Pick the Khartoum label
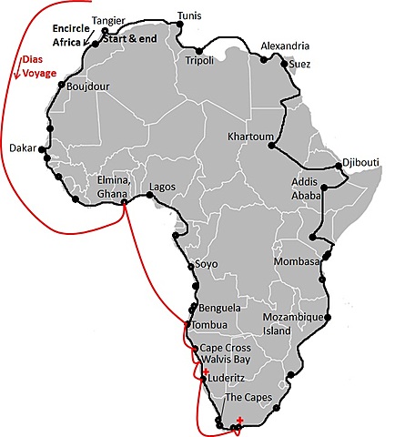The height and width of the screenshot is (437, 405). [x=251, y=138]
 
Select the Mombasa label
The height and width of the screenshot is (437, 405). [x=295, y=262]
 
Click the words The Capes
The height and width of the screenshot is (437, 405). [x=248, y=399]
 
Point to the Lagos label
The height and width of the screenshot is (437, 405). [x=160, y=186]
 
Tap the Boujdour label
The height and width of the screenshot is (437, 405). [x=88, y=87]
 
